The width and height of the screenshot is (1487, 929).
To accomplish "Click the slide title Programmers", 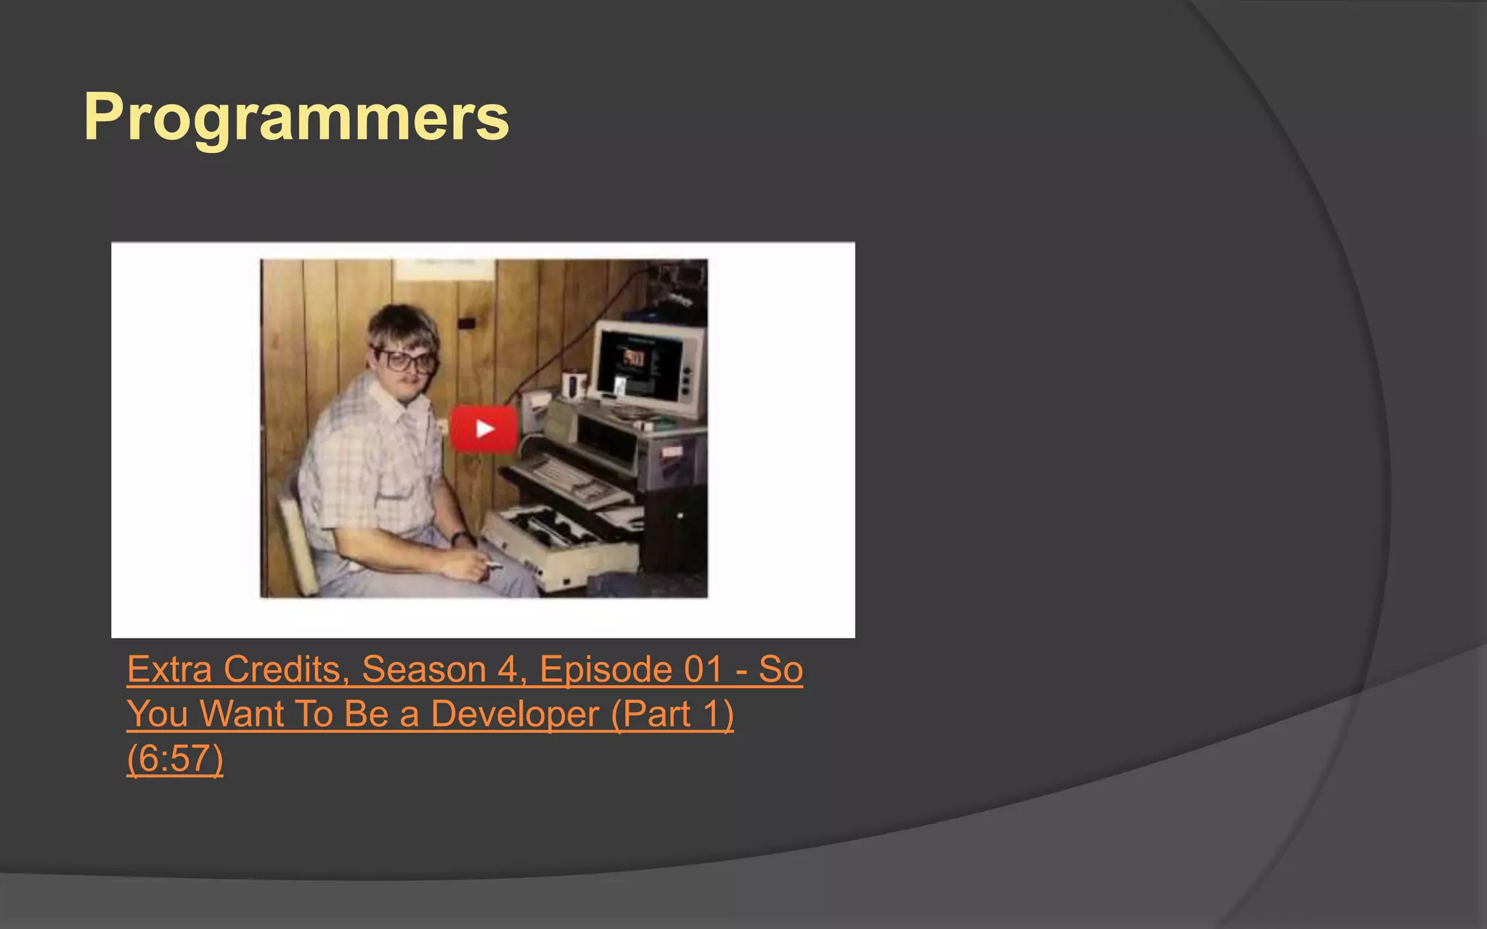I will pos(296,118).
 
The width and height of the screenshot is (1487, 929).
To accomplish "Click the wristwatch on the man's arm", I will pos(460,538).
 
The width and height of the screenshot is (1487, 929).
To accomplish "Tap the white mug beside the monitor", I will pos(573,385).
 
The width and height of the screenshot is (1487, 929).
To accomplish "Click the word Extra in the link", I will pos(170,669).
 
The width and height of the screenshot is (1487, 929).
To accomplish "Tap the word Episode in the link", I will pos(607,669).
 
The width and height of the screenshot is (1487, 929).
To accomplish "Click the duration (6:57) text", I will pos(175,759).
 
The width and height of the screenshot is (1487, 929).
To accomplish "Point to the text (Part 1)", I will pos(672,714).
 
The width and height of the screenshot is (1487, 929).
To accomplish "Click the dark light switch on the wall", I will pos(467,322).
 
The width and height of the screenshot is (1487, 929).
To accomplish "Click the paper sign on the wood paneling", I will pos(444,269).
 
